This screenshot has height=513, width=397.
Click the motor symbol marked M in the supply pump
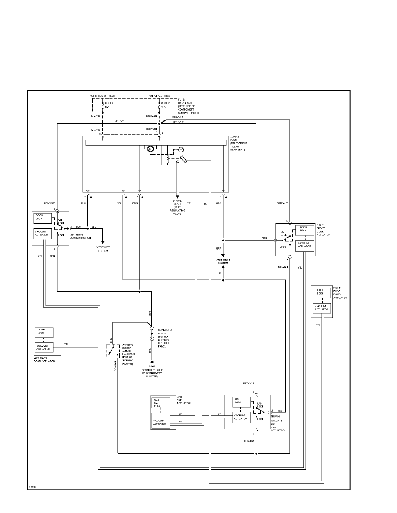[x=150, y=149]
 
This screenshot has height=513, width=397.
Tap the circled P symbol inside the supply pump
[x=181, y=149]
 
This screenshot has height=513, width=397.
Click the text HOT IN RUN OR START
[x=102, y=95]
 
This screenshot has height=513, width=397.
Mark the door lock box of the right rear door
[x=322, y=293]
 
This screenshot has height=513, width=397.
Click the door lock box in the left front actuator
[x=42, y=219]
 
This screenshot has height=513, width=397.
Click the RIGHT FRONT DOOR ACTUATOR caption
[x=324, y=230]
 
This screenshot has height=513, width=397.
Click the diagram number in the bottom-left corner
[x=32, y=487]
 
